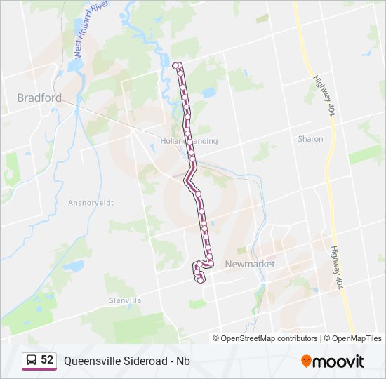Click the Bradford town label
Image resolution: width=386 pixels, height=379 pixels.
pos(39,98)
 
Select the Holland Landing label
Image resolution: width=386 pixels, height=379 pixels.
pos(189,141)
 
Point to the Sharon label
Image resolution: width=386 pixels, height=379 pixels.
pos(310,139)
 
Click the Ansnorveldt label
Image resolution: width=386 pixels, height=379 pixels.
pos(91,202)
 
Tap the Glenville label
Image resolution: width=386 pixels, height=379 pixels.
pos(125,300)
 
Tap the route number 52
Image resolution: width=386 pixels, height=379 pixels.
pos(47,360)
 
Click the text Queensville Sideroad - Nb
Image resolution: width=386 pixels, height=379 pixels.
pos(127,361)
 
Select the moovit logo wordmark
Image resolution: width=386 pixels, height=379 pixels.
pos(338,361)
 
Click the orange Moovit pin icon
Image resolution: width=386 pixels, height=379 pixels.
pos(306,361)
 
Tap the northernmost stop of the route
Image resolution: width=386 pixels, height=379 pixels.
pos(175,65)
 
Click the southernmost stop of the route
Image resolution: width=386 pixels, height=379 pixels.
pos(201,281)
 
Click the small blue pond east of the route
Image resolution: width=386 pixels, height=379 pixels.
pos(208,92)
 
